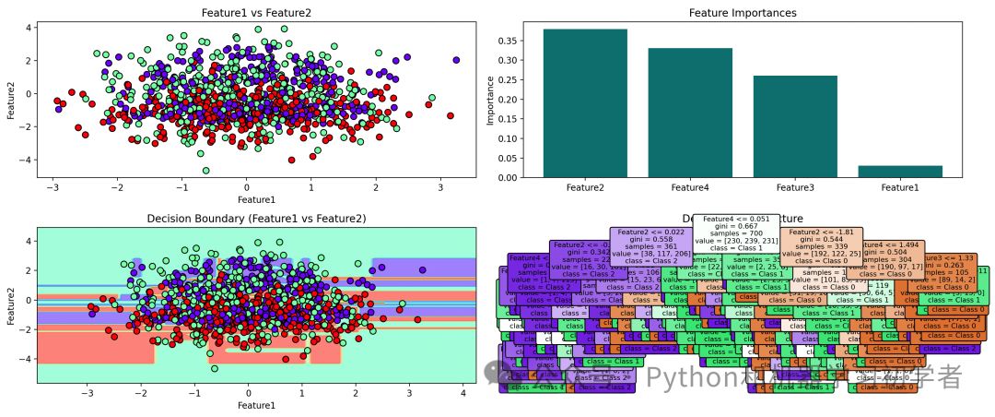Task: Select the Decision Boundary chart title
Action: pos(256,219)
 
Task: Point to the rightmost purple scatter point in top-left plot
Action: pos(456,60)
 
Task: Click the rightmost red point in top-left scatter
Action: pos(451,116)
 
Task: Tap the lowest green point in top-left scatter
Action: pos(206,170)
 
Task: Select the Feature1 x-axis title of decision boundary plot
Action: pos(255,406)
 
